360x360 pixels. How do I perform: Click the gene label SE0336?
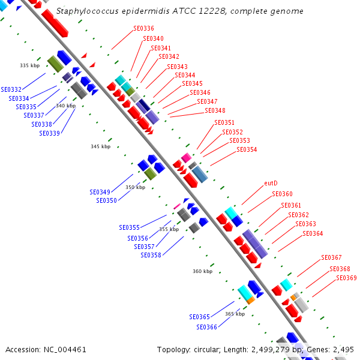(144, 28)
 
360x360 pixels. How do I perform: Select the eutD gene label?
(271, 183)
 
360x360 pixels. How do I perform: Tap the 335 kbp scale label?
(30, 65)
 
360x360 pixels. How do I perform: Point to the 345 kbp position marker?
(101, 146)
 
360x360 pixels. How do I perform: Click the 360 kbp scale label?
(203, 271)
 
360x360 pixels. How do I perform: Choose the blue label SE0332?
(11, 89)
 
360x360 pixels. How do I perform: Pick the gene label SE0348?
(215, 110)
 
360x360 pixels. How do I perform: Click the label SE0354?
(247, 149)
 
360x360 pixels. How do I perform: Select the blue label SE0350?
(107, 200)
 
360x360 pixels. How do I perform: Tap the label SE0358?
(151, 256)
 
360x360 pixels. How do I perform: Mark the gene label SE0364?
(313, 234)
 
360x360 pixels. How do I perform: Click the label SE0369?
(346, 278)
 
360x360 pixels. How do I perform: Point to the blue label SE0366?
(206, 327)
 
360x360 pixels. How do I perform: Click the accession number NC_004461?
(65, 350)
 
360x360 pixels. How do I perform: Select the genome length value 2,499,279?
(271, 350)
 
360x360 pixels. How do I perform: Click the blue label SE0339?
(50, 133)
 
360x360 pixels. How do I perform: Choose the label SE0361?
(291, 205)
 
